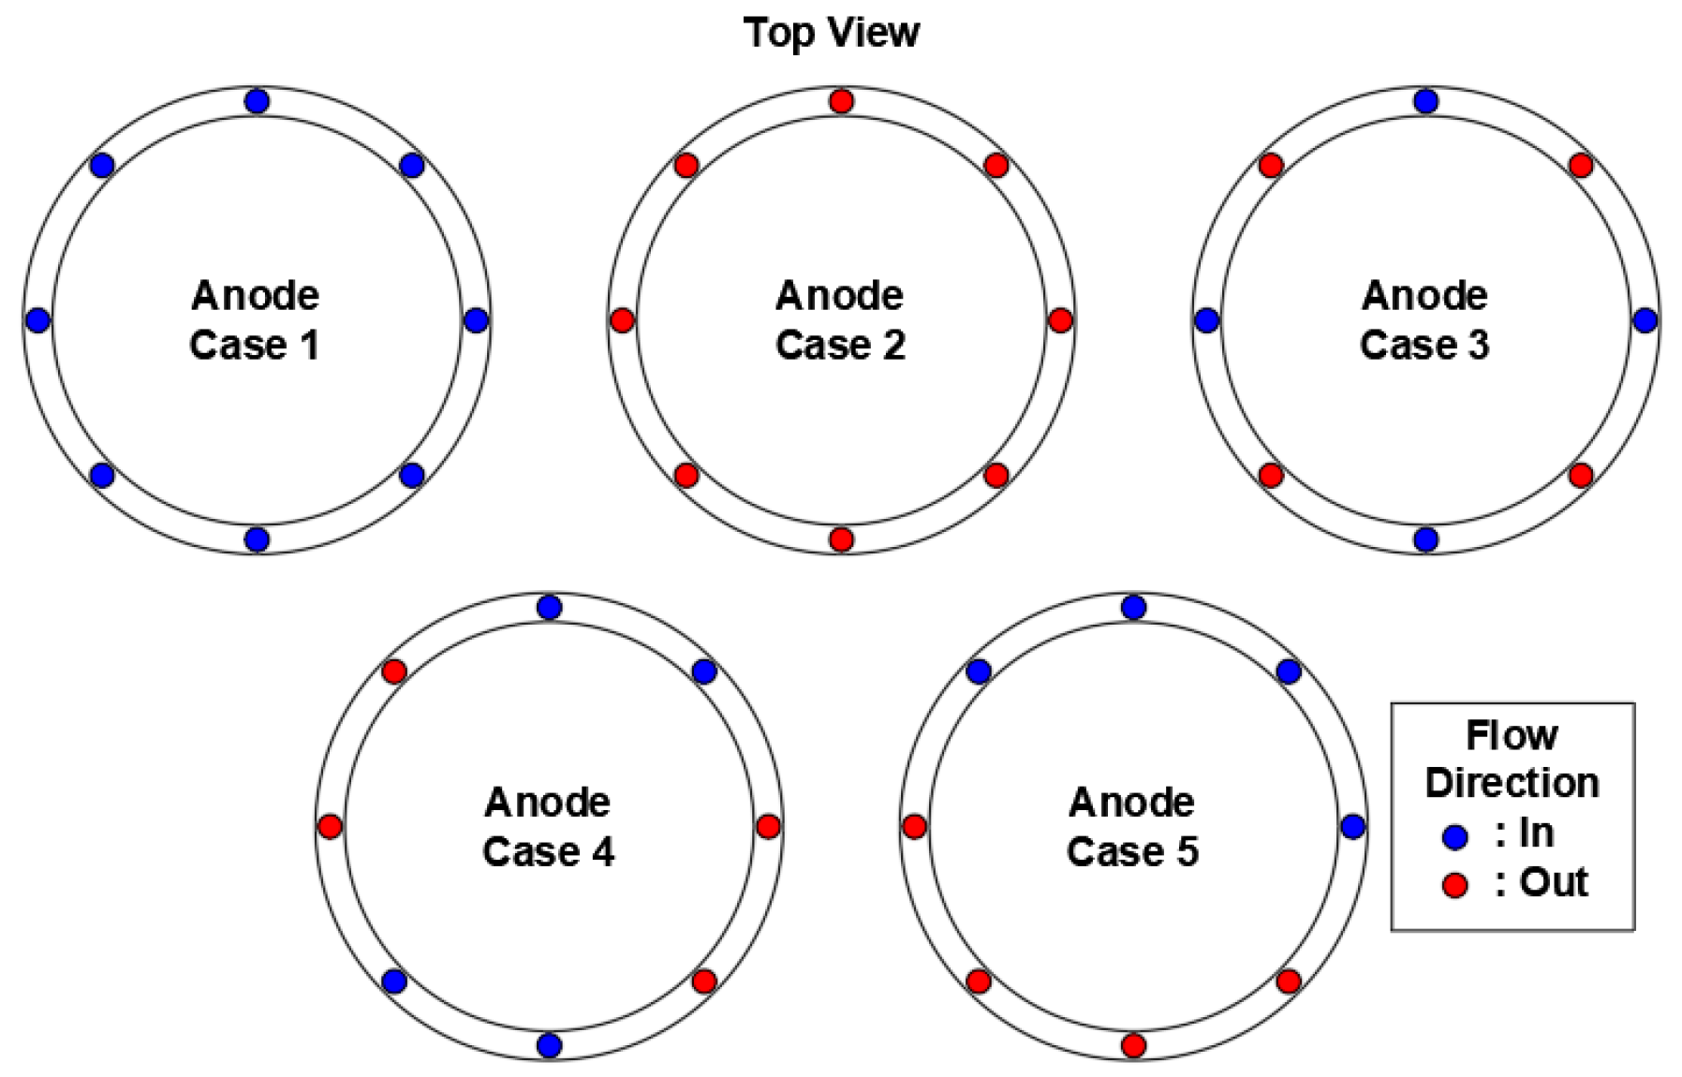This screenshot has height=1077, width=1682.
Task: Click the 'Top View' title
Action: (832, 33)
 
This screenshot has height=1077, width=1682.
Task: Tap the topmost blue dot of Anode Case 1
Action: (257, 101)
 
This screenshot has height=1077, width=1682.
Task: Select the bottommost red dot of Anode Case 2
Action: (841, 539)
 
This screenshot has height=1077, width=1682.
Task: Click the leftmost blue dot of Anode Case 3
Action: (1207, 320)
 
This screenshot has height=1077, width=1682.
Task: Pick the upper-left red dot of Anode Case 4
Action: (394, 671)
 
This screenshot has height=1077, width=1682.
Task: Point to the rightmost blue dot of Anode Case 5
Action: (1352, 827)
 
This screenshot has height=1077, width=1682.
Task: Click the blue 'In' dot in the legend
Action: (1455, 837)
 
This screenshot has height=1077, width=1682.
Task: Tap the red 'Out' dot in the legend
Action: (1455, 885)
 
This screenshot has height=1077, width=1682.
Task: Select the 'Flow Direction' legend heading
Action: (1512, 759)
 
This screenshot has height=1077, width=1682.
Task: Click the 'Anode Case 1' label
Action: (255, 320)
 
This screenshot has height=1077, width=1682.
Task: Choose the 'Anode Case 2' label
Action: (840, 320)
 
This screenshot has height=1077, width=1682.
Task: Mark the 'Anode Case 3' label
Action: (1424, 320)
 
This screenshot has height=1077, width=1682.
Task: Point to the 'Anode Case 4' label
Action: (549, 827)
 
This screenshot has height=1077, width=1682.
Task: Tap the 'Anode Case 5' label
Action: (1132, 827)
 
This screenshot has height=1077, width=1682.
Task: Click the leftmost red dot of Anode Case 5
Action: (915, 827)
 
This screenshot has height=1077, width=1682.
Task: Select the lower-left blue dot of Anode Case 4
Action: (394, 981)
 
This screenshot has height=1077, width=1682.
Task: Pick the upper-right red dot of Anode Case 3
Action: (1581, 166)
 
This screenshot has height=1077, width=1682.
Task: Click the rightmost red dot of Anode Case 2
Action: (1060, 320)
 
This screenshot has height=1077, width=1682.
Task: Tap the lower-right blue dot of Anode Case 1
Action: (412, 476)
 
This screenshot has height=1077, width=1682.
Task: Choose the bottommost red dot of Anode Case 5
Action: (1133, 1045)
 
